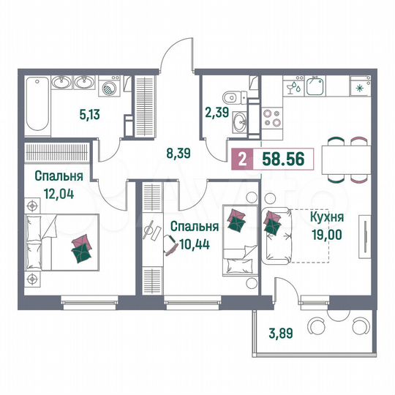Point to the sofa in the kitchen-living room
[x=280, y=235]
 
